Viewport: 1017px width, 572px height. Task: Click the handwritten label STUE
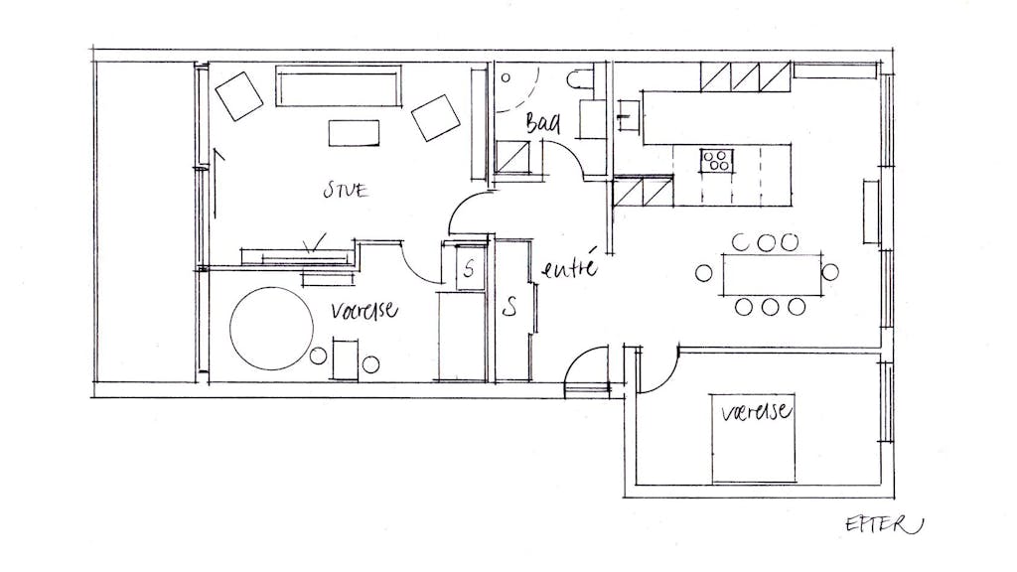point(346,190)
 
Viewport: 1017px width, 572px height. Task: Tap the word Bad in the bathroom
point(543,123)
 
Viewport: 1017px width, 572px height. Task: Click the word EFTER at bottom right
point(883,524)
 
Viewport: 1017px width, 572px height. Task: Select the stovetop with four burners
point(716,161)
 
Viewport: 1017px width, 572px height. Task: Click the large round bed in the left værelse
point(271,329)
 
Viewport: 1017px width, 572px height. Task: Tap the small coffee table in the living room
point(354,133)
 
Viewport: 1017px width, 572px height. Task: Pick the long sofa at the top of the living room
point(339,85)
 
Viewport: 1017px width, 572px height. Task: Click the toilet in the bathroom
point(579,79)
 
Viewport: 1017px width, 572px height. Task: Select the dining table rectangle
point(772,275)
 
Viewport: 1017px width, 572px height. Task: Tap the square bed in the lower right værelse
point(753,438)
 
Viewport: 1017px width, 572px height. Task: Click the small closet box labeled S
point(470,267)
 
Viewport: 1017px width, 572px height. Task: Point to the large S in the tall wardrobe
point(510,306)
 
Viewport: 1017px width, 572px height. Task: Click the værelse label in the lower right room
point(756,411)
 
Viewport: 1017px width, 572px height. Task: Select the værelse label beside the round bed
point(363,311)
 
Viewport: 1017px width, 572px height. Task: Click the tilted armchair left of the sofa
point(238,96)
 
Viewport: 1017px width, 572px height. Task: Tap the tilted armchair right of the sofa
point(436,118)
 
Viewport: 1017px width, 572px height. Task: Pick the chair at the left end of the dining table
point(704,273)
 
